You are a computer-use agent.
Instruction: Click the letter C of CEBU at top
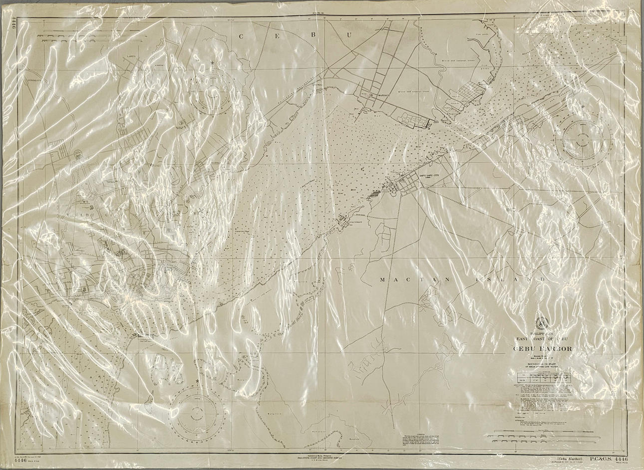coord(242,35)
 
